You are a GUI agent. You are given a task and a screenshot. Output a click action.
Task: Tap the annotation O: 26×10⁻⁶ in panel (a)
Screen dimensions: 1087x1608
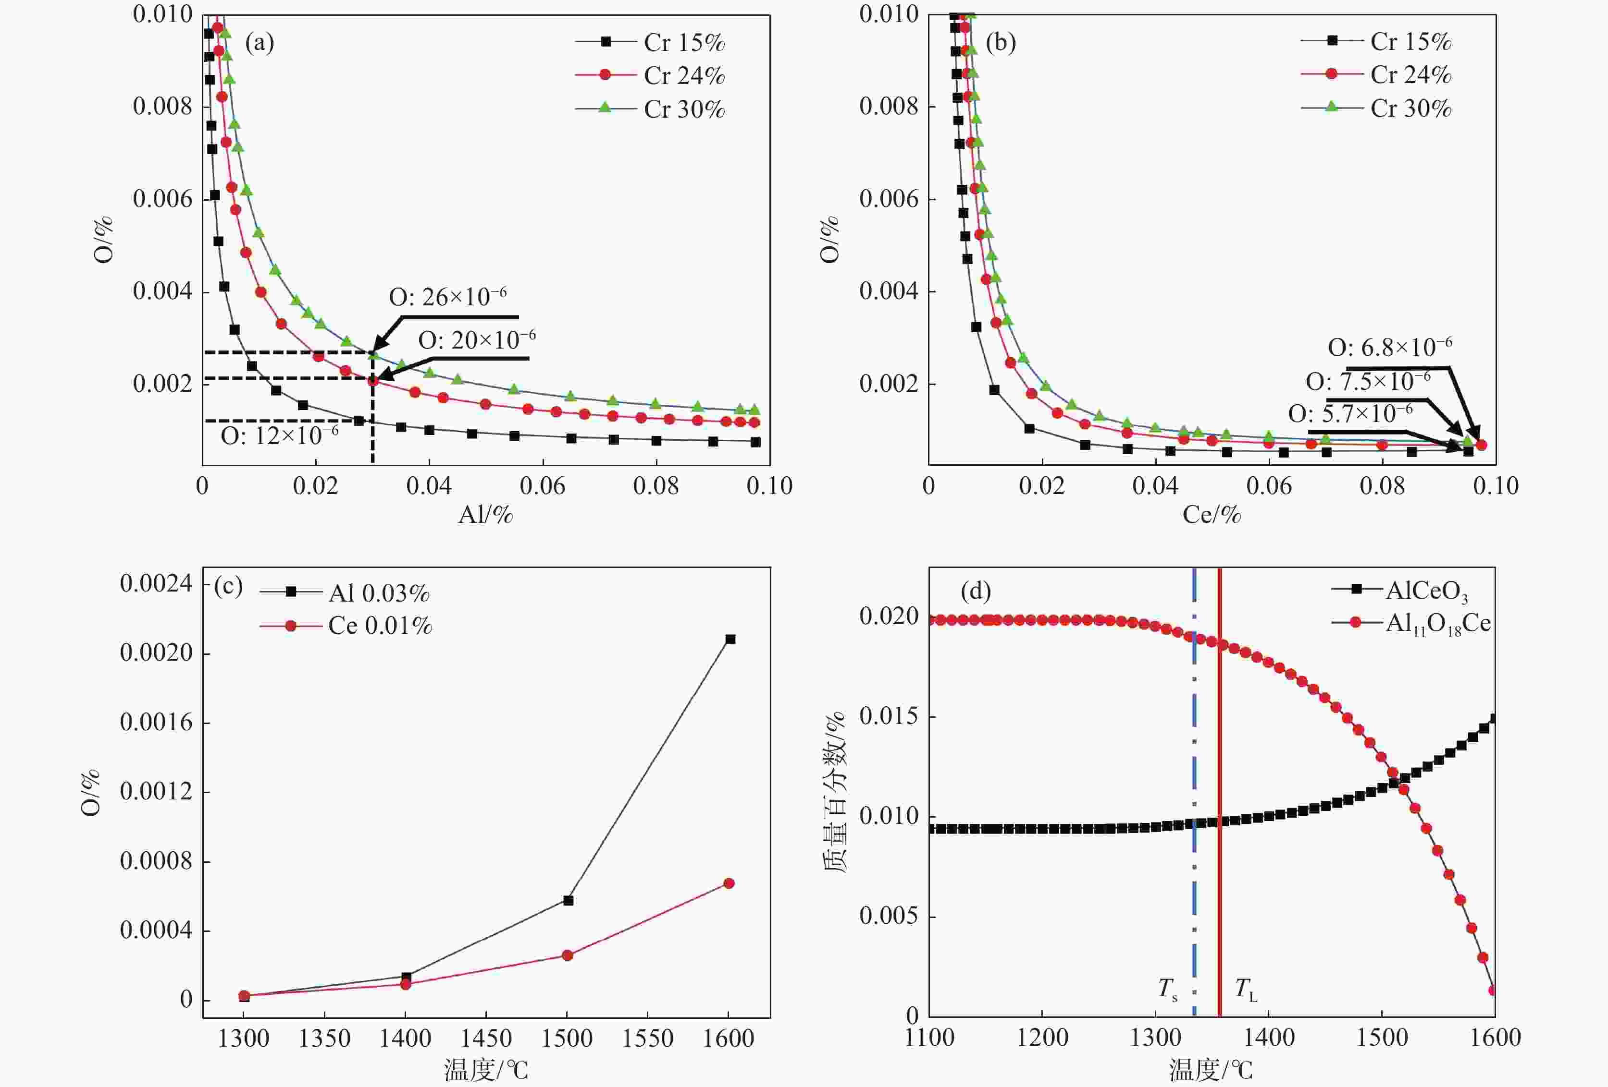pyautogui.click(x=448, y=297)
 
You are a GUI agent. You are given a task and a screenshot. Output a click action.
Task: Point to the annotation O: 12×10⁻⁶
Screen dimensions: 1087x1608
pyautogui.click(x=280, y=435)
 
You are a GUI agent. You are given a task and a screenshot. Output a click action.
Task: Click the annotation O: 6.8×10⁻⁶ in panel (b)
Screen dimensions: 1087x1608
pyautogui.click(x=1389, y=347)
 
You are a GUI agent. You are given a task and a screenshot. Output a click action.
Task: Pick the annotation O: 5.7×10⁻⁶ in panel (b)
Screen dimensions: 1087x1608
pyautogui.click(x=1350, y=413)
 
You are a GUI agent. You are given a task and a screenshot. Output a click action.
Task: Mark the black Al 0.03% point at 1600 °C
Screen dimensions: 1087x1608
pyautogui.click(x=730, y=639)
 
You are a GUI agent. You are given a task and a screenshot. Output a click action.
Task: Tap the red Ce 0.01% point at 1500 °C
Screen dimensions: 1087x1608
pyautogui.click(x=568, y=955)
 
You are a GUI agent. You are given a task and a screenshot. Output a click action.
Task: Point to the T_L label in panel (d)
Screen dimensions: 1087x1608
pyautogui.click(x=1246, y=990)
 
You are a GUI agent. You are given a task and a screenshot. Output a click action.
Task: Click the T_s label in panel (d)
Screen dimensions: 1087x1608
pyautogui.click(x=1168, y=990)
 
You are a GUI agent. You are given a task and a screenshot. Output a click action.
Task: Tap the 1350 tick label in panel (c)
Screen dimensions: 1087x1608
pyautogui.click(x=324, y=1039)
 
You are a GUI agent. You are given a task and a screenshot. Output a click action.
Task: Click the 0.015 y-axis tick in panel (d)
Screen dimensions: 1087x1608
pyautogui.click(x=889, y=716)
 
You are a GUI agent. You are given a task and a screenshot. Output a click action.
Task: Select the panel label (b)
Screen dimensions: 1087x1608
pyautogui.click(x=1001, y=43)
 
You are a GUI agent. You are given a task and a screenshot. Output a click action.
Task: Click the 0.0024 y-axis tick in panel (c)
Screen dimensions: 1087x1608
pyautogui.click(x=156, y=584)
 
